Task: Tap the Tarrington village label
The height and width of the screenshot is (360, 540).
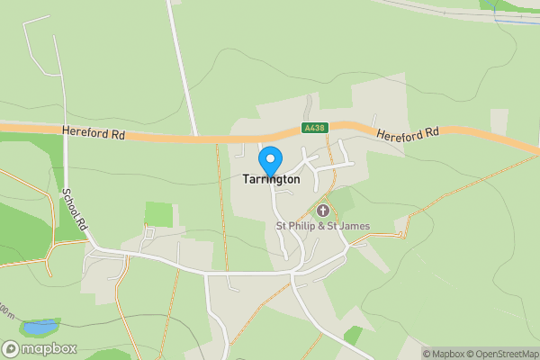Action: click(270, 180)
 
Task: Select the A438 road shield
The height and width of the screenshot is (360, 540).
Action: click(313, 129)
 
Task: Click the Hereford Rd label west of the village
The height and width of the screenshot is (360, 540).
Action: click(94, 133)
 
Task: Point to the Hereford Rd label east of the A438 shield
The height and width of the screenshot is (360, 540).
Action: click(407, 133)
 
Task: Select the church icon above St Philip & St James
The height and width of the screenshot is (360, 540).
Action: click(323, 211)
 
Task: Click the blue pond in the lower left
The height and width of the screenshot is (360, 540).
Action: click(40, 327)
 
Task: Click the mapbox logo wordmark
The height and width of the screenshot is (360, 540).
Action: click(50, 349)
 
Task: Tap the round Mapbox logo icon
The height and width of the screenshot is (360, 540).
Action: click(12, 349)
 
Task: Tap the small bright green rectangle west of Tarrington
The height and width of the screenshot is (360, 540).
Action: click(158, 214)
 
